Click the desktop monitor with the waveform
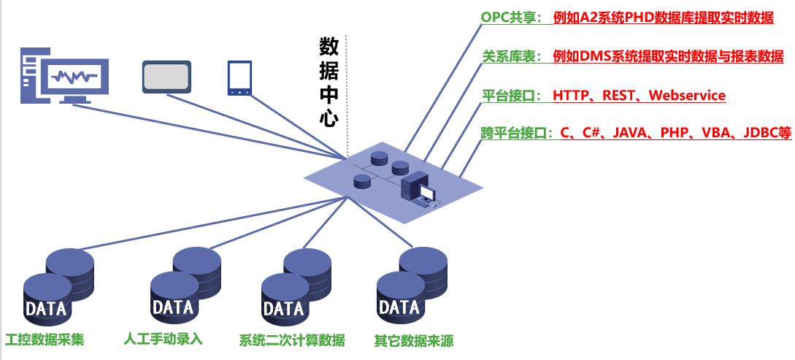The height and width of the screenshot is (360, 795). coord(72,74)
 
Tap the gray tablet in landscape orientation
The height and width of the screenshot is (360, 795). coord(166,77)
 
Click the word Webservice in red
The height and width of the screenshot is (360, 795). coord(687,96)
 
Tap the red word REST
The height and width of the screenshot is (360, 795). coord(619,96)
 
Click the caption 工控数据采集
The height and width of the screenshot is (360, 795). coord(45,340)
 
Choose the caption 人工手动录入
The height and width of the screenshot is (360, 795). coord(164,340)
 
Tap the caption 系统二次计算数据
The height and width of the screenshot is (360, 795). coord(292,340)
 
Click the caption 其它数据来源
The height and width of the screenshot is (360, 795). coord(408,340)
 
